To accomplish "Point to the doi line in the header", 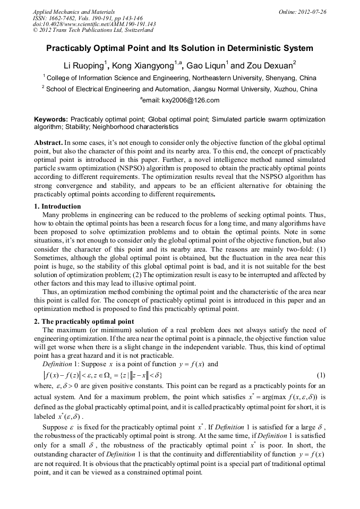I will tap(94, 24).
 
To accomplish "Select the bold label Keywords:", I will tap(51, 119).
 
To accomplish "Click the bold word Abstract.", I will tap(48, 143).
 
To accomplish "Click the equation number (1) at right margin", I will tap(320, 375).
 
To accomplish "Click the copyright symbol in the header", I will tap(35, 30).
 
